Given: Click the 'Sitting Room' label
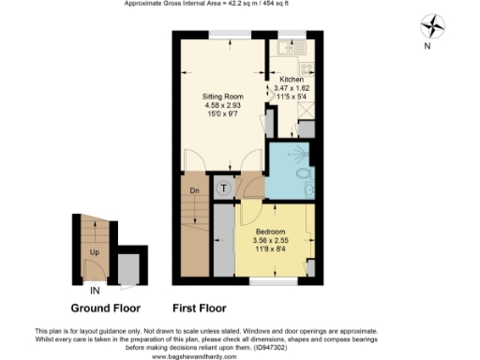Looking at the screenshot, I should coord(222,97).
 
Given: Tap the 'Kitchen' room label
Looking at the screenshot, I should coord(290,81).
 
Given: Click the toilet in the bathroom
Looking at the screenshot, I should coord(303,174).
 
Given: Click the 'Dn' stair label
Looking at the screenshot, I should coord(194,191).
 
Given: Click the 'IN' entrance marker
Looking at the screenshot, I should coord(91,292).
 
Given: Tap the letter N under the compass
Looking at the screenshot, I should coord(427,45).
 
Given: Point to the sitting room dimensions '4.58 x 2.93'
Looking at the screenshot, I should coord(222,106).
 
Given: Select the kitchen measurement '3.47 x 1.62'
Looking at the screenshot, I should coord(291,89).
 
